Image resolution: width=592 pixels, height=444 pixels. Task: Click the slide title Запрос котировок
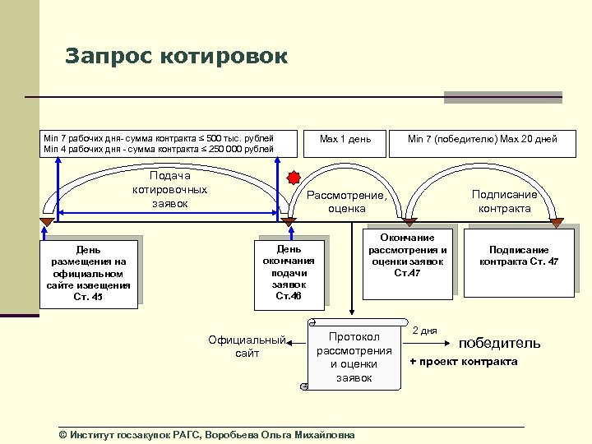click(176, 57)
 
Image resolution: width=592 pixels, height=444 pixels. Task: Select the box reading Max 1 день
click(345, 139)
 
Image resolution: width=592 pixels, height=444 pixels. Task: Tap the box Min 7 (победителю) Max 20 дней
click(482, 139)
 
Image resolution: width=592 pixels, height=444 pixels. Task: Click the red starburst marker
click(294, 178)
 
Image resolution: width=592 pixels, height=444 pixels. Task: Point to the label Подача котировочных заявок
click(169, 189)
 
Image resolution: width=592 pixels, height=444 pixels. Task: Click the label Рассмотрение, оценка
click(346, 202)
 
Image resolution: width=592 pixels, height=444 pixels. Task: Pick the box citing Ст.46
click(289, 272)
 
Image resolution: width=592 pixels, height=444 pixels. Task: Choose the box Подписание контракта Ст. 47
click(519, 256)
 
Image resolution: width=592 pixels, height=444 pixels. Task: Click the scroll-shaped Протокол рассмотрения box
click(354, 357)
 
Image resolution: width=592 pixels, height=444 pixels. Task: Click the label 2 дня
click(424, 331)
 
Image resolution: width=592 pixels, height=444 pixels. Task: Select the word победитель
click(499, 343)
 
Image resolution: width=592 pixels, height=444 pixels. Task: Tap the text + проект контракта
click(463, 362)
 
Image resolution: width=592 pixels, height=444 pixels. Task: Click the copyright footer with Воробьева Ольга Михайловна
click(206, 434)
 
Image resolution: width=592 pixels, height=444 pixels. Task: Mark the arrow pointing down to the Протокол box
click(353, 280)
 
